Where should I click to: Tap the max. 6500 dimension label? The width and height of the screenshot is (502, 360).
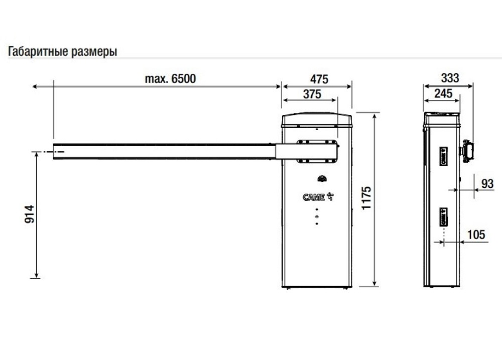[170, 78]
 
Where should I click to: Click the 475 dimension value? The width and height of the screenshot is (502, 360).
[319, 79]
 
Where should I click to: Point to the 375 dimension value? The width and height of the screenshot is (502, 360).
[312, 94]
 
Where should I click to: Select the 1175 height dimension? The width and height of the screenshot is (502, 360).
[366, 198]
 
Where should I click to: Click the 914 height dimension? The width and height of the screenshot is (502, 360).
[30, 214]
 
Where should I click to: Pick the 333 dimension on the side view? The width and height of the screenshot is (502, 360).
[450, 78]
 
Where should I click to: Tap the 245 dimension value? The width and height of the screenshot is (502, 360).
[443, 93]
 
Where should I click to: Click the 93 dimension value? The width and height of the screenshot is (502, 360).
[487, 184]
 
